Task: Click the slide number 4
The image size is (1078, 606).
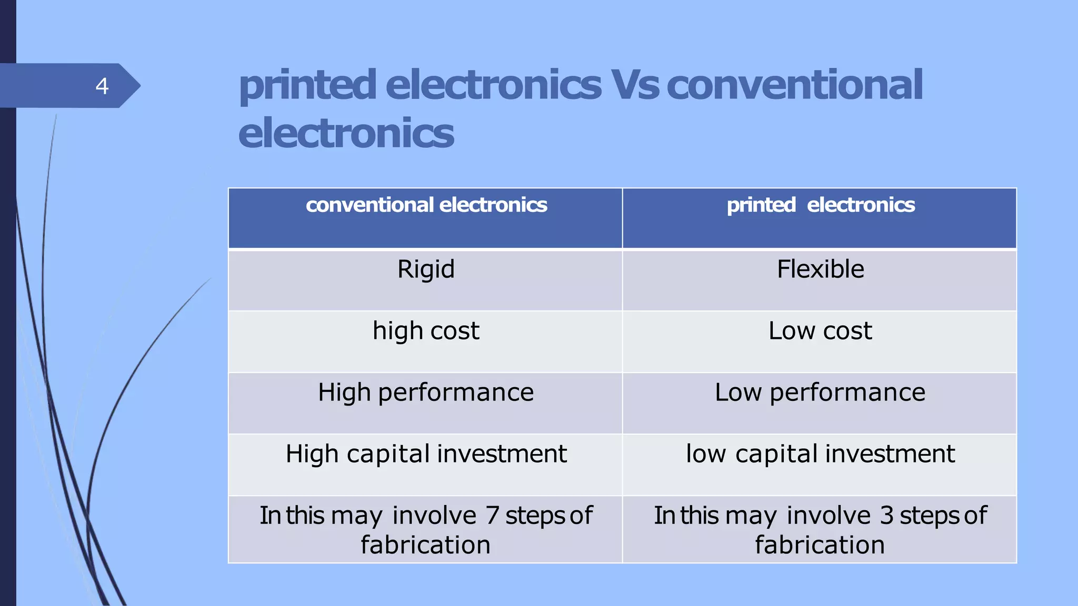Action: click(102, 86)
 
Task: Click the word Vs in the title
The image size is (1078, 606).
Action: click(634, 85)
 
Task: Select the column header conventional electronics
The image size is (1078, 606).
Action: click(426, 205)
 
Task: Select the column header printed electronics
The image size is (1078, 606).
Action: click(821, 205)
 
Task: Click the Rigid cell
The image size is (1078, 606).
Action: click(426, 269)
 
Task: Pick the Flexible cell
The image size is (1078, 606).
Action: click(820, 269)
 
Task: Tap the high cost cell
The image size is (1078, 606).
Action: click(426, 331)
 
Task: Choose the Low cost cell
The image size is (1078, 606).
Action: click(820, 331)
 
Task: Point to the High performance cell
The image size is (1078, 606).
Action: click(426, 392)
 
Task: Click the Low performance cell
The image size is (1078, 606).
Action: click(820, 392)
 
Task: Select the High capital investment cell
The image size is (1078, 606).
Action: click(426, 454)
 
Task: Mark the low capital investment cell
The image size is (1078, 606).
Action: click(820, 454)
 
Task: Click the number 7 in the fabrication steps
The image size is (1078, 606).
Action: click(493, 516)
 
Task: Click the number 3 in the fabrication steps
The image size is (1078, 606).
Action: click(887, 516)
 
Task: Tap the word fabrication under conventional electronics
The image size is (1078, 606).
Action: click(425, 545)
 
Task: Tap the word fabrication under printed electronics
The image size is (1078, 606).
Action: click(820, 545)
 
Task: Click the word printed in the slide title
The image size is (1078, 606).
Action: click(308, 85)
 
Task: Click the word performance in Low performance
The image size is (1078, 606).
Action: click(847, 392)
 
